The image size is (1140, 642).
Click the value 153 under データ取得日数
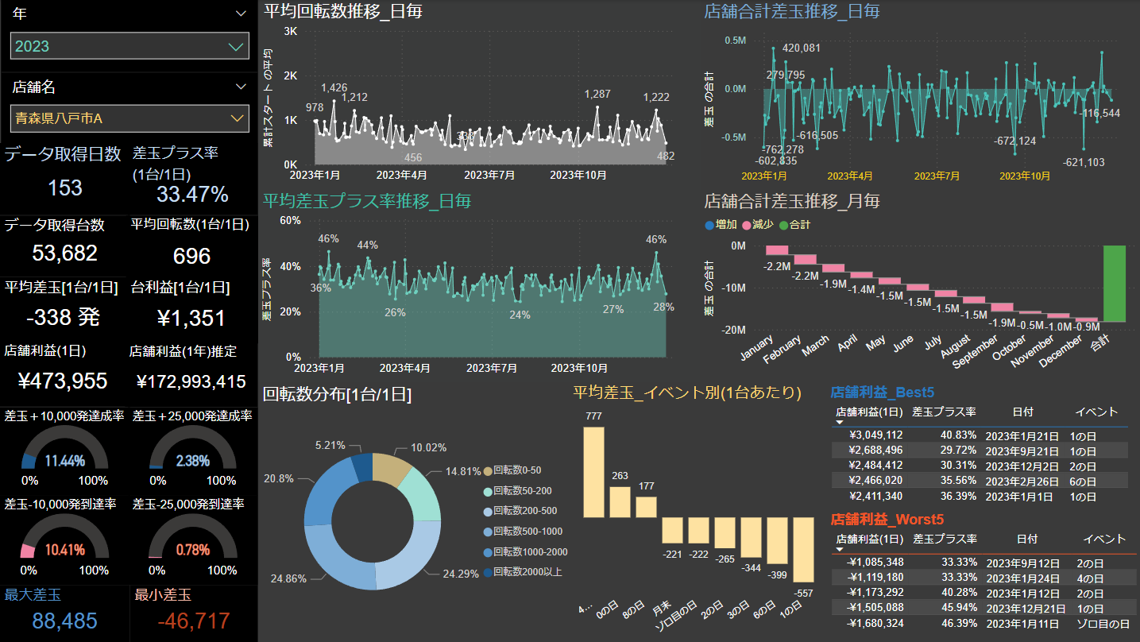click(x=65, y=188)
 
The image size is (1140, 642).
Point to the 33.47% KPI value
click(x=192, y=194)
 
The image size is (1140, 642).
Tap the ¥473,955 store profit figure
click(x=63, y=381)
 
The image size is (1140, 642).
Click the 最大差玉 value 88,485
click(x=51, y=621)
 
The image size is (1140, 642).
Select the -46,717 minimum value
click(x=182, y=621)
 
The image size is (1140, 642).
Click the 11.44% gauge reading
click(x=65, y=461)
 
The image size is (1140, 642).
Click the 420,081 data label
click(x=802, y=48)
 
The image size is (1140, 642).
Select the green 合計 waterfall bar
click(x=1114, y=284)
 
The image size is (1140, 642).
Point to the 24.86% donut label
click(x=288, y=578)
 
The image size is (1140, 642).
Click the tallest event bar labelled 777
click(x=593, y=473)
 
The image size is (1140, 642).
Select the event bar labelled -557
click(x=803, y=550)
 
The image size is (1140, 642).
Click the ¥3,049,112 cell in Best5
click(x=875, y=435)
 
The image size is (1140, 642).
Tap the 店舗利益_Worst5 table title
click(x=881, y=519)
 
